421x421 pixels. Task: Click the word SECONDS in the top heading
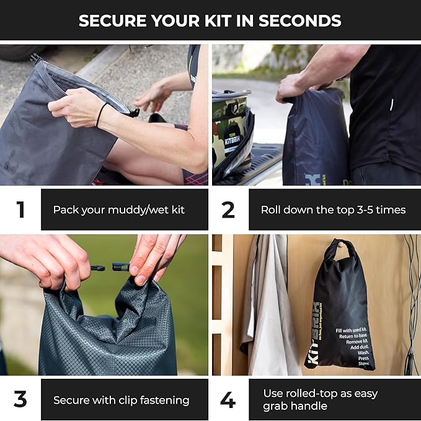tap(299, 20)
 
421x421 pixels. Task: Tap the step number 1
tap(20, 210)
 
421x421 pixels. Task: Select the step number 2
tap(228, 210)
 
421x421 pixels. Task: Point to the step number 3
tap(20, 399)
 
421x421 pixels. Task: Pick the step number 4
tap(228, 399)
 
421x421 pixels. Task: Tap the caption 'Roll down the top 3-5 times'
tap(333, 210)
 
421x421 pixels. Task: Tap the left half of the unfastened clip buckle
tap(98, 268)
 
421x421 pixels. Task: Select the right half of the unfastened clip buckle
tap(120, 267)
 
